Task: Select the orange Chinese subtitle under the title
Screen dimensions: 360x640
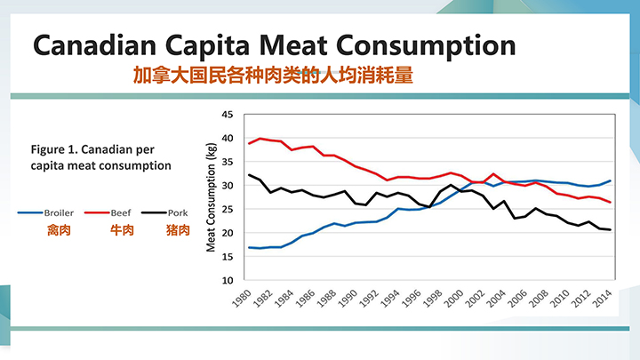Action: point(273,76)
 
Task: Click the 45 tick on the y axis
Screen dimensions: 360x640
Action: point(227,115)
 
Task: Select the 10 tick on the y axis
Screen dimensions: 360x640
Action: point(227,279)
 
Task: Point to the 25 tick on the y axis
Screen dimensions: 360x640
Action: point(227,209)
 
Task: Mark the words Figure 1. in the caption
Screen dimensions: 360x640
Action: point(55,148)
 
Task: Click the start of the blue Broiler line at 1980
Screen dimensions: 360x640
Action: point(250,247)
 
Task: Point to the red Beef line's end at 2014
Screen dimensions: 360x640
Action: point(609,202)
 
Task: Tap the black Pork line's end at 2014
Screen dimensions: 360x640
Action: point(609,229)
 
